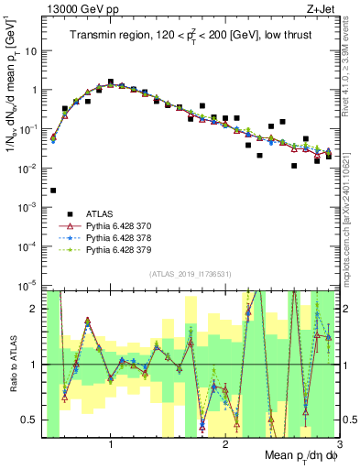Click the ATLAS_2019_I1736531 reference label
click(191, 274)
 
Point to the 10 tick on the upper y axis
click(36, 51)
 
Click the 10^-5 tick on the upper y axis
click(32, 286)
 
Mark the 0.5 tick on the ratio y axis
click(33, 420)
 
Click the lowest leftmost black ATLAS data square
click(53, 191)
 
